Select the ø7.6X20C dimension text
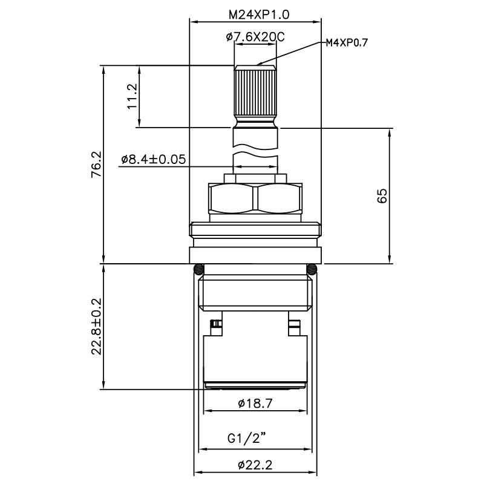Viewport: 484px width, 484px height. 255,38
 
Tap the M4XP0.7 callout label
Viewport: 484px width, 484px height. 347,42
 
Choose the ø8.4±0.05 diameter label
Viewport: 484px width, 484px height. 153,160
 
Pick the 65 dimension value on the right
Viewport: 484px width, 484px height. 382,195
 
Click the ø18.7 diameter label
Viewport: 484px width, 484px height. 255,403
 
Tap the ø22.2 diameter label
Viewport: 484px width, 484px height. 255,465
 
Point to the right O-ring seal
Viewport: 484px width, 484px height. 312,269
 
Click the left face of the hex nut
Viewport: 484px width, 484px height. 232,198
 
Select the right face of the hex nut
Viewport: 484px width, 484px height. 278,198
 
